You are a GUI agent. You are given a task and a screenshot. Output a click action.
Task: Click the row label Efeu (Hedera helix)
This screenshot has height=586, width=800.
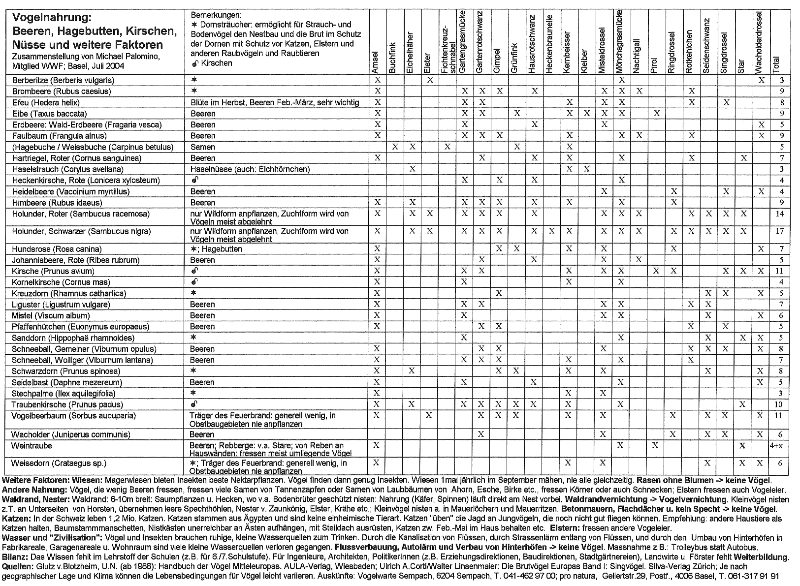point(45,102)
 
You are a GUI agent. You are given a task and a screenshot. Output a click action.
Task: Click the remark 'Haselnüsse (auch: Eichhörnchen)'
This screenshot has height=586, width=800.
point(250,169)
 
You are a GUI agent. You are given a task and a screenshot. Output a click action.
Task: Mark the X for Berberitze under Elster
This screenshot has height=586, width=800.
point(430,80)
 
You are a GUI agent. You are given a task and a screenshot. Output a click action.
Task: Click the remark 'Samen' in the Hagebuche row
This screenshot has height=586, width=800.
point(203,147)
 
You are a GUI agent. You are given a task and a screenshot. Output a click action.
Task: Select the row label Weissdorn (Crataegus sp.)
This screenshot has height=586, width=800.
point(59,463)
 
